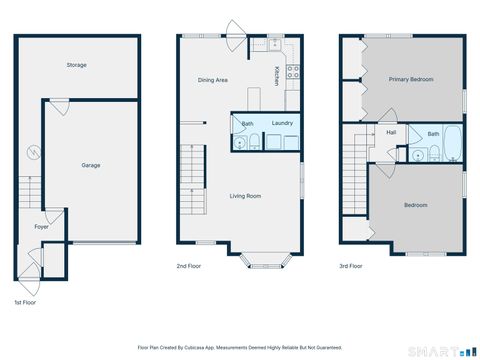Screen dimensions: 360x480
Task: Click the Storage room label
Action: [x=76, y=65]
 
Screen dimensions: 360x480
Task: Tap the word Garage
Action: [x=91, y=165]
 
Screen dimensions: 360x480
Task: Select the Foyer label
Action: [x=41, y=227]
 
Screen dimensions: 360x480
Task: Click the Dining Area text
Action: [x=213, y=78]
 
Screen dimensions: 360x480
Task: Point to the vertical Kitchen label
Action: [x=277, y=74]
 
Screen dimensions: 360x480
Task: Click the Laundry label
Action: [x=281, y=123]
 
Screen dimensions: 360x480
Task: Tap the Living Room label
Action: [x=246, y=196]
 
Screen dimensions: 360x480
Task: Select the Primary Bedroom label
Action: [x=411, y=79]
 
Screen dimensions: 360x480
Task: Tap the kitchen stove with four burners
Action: [x=294, y=71]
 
